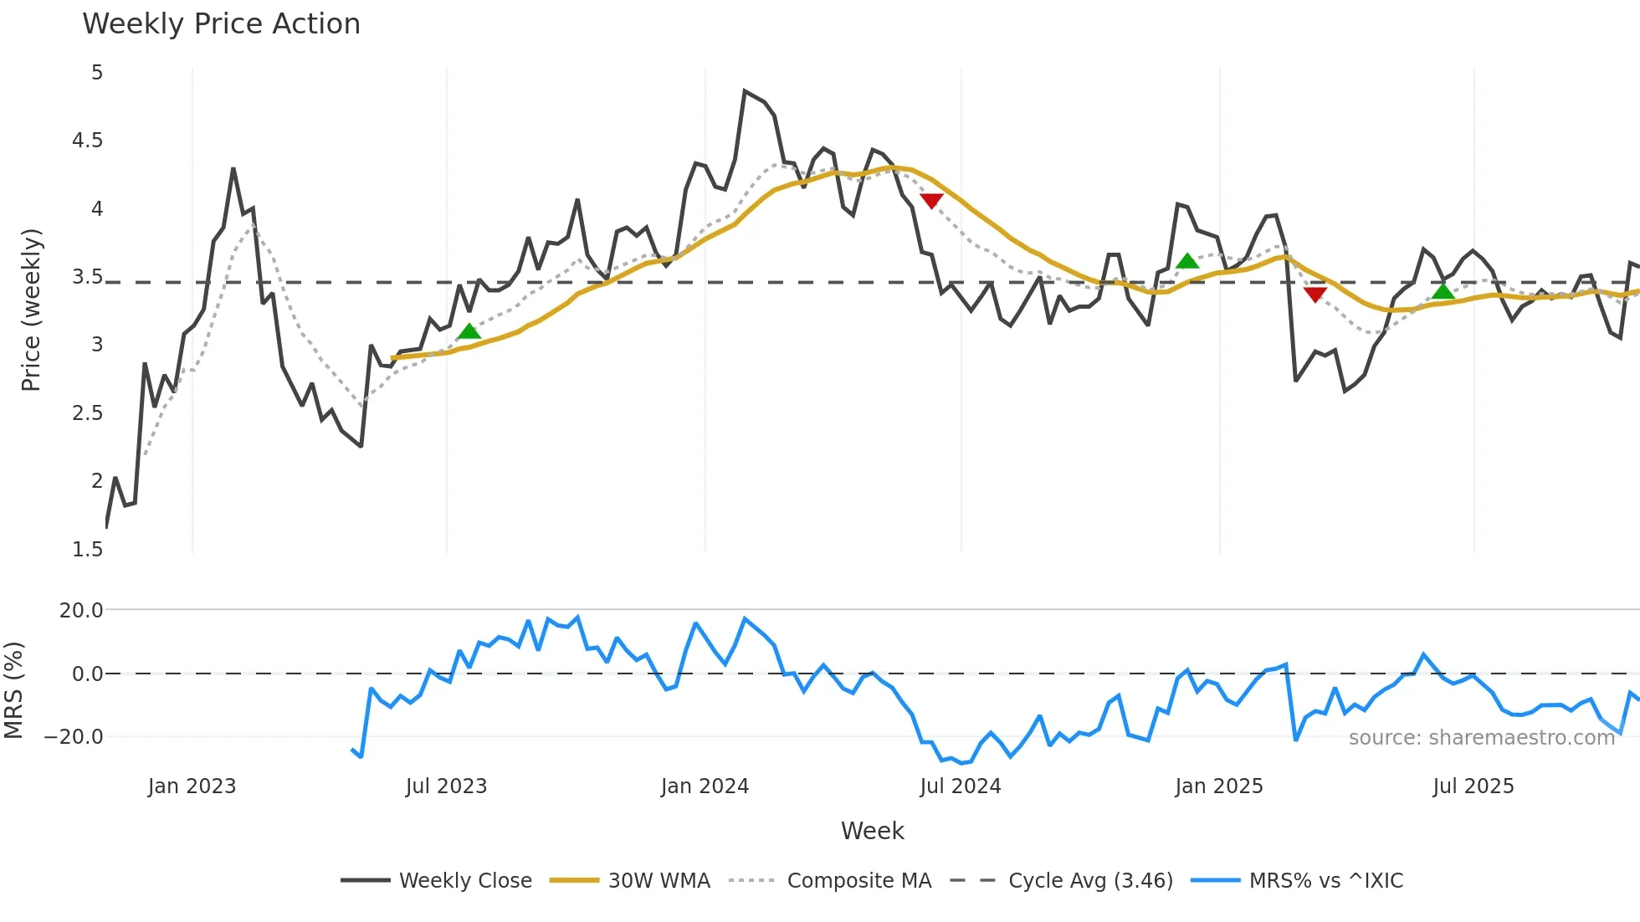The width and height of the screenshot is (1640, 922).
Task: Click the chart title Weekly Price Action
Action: point(221,24)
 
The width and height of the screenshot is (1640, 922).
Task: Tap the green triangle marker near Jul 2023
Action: point(469,332)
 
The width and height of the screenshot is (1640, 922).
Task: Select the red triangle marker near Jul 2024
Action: point(931,201)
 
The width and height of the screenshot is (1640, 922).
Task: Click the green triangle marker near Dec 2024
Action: point(1187,262)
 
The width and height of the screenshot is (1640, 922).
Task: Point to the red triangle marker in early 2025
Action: point(1315,295)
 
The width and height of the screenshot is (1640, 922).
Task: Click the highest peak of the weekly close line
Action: point(745,91)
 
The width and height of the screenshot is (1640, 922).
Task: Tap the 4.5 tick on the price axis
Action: point(87,141)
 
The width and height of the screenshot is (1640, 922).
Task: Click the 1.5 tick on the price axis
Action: point(87,550)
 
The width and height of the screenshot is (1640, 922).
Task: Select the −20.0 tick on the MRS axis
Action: point(74,737)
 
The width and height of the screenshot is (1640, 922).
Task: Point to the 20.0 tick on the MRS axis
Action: point(81,611)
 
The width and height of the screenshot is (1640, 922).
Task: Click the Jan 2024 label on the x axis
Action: point(705,786)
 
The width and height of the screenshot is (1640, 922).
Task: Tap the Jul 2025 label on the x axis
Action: point(1473,786)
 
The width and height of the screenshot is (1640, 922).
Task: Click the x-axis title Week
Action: point(872,831)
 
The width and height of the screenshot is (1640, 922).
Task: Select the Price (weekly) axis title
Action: point(31,310)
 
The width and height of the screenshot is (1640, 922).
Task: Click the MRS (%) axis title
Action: point(14,690)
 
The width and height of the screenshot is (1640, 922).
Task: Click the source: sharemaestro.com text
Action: point(1481,738)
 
